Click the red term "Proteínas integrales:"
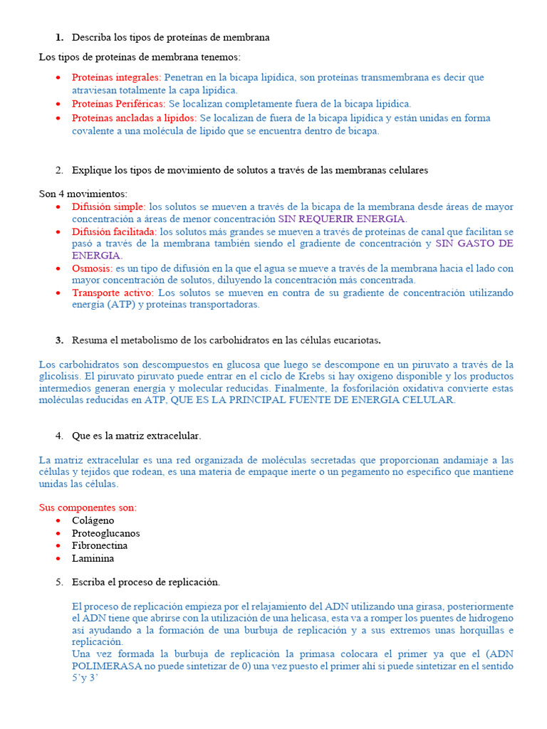[x=116, y=77]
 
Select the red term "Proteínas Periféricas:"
[x=119, y=104]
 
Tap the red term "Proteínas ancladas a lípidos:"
[x=134, y=117]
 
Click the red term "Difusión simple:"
[x=108, y=206]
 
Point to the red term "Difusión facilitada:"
[x=114, y=232]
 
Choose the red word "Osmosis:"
[x=92, y=268]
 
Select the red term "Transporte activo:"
[x=112, y=293]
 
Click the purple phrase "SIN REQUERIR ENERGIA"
[x=341, y=219]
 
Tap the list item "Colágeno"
[x=93, y=520]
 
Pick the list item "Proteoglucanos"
[x=105, y=533]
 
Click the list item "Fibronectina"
[x=100, y=545]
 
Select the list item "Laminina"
[x=93, y=558]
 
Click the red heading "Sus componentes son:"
[x=88, y=508]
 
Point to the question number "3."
[x=59, y=340]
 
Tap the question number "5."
[x=59, y=582]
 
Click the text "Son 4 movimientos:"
[x=83, y=194]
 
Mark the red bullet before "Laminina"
[x=58, y=558]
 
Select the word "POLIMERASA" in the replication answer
[x=101, y=666]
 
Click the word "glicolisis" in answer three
[x=60, y=376]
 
